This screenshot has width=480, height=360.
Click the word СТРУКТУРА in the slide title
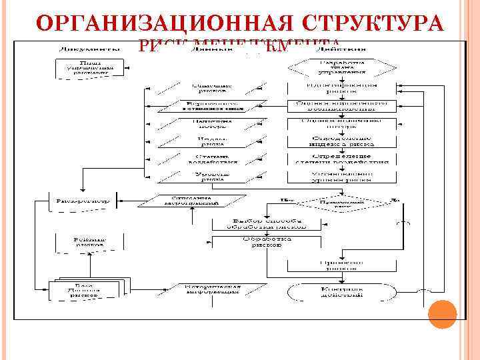click(x=373, y=23)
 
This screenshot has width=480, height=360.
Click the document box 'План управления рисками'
click(x=89, y=68)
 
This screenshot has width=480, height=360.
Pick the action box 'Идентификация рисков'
click(x=341, y=88)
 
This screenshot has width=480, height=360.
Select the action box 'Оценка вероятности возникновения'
click(x=341, y=106)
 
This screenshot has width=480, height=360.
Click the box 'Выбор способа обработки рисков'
click(x=266, y=224)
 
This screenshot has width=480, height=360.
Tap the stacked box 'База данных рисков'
click(x=89, y=289)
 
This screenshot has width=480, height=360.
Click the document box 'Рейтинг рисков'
click(x=89, y=242)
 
